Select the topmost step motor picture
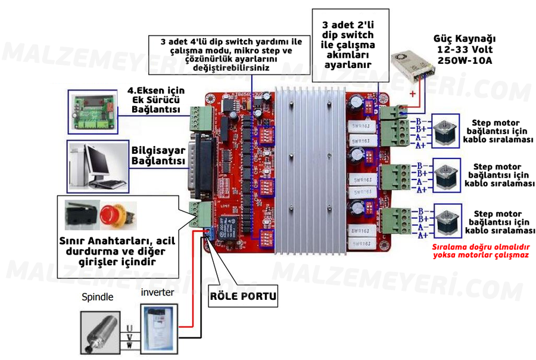pos(444,133)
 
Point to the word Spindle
pos(96,296)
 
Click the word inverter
pos(157,292)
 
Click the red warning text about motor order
pos(481,250)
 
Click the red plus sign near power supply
pos(412,94)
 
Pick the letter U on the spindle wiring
pos(129,328)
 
